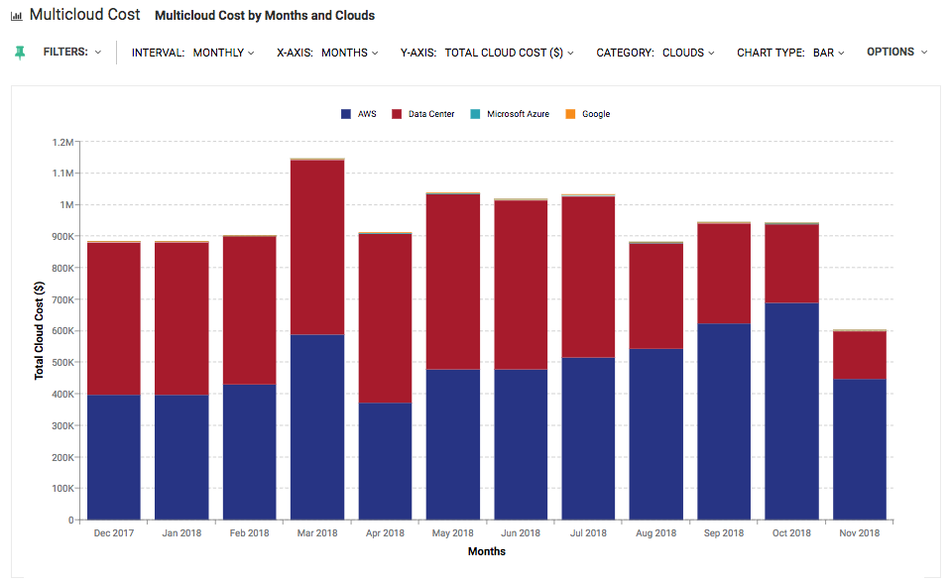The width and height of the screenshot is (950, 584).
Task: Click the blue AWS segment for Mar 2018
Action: tap(317, 426)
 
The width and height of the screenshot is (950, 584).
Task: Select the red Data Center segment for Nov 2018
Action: tap(859, 355)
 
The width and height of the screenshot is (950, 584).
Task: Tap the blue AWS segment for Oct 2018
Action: tap(791, 410)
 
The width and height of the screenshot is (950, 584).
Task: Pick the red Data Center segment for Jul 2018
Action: tap(588, 277)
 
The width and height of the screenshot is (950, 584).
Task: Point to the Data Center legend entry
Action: tap(423, 114)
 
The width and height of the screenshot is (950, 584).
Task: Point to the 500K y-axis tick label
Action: tap(60, 362)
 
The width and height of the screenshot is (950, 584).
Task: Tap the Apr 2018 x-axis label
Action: tap(385, 533)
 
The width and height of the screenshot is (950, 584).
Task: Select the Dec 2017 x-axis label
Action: tap(114, 533)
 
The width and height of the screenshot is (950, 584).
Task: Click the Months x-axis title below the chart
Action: tap(486, 551)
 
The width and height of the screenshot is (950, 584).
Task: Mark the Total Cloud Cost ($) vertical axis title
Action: tap(40, 330)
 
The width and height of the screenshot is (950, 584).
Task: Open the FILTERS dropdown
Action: tap(71, 52)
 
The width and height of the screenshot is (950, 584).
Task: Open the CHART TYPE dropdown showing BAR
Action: tap(790, 53)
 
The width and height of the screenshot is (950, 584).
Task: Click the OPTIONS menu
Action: tap(896, 52)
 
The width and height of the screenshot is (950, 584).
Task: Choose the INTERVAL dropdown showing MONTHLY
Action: tap(192, 53)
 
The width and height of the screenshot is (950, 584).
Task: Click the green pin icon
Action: tap(20, 53)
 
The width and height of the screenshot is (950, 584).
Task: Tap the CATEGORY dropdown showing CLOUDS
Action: tap(654, 53)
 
